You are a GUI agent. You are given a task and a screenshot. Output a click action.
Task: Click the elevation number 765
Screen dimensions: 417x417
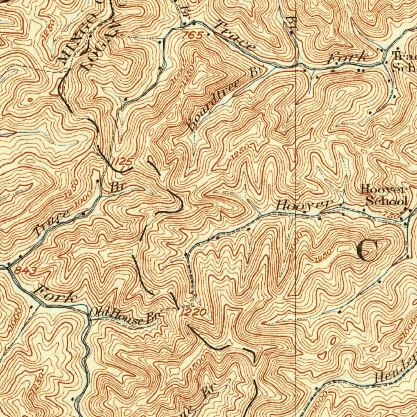point(193,36)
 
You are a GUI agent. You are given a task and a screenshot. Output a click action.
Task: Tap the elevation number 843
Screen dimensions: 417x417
point(26,271)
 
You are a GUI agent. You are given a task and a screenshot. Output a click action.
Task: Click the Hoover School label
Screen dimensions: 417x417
point(385,195)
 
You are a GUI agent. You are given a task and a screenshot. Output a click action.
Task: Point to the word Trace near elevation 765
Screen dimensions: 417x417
point(235,37)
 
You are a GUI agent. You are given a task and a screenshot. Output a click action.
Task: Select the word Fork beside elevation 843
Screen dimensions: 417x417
point(55,295)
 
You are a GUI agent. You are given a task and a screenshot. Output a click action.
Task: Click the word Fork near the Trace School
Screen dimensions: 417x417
point(347,59)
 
